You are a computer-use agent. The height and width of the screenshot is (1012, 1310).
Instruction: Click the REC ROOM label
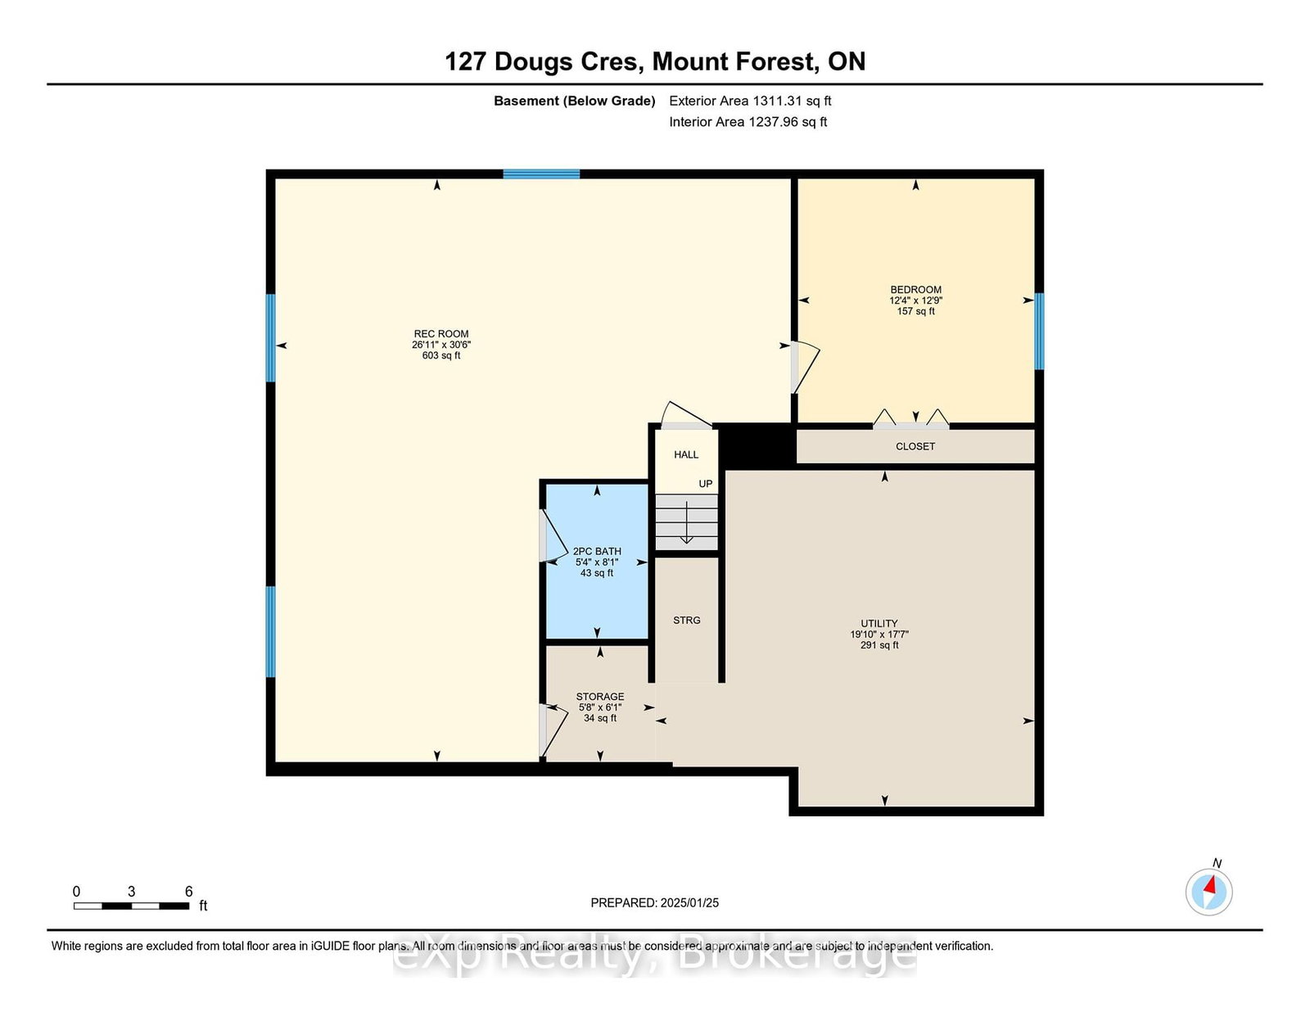click(x=440, y=333)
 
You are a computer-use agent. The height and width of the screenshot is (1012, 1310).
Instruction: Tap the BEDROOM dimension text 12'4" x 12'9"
click(x=915, y=300)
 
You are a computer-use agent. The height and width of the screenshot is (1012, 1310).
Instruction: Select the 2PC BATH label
click(x=596, y=551)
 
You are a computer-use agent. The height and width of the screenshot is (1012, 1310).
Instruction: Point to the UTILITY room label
click(x=879, y=623)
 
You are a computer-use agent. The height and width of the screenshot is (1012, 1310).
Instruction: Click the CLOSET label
click(x=915, y=446)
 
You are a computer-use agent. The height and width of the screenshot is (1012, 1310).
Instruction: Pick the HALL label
click(x=686, y=454)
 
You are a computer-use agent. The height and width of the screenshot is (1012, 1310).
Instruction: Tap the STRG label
click(x=687, y=621)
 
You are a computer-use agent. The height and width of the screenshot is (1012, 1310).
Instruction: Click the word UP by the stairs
click(x=705, y=483)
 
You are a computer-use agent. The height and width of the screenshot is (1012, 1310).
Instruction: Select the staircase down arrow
click(x=687, y=523)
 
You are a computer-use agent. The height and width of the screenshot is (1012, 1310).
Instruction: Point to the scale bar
click(x=132, y=906)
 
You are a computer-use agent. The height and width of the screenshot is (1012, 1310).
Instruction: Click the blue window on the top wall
click(x=541, y=174)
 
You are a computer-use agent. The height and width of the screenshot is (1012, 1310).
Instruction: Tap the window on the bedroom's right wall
click(x=1039, y=331)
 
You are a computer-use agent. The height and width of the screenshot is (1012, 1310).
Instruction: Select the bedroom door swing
click(x=806, y=368)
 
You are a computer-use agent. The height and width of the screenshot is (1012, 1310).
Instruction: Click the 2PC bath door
click(x=553, y=536)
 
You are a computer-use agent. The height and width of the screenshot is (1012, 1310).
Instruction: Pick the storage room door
click(x=553, y=730)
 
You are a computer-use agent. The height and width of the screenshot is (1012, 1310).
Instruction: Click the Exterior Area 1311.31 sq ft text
click(x=750, y=101)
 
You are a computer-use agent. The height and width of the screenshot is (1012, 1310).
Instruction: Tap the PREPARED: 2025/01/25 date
click(x=655, y=902)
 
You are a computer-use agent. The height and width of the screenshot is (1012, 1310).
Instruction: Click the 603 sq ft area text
click(x=440, y=355)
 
